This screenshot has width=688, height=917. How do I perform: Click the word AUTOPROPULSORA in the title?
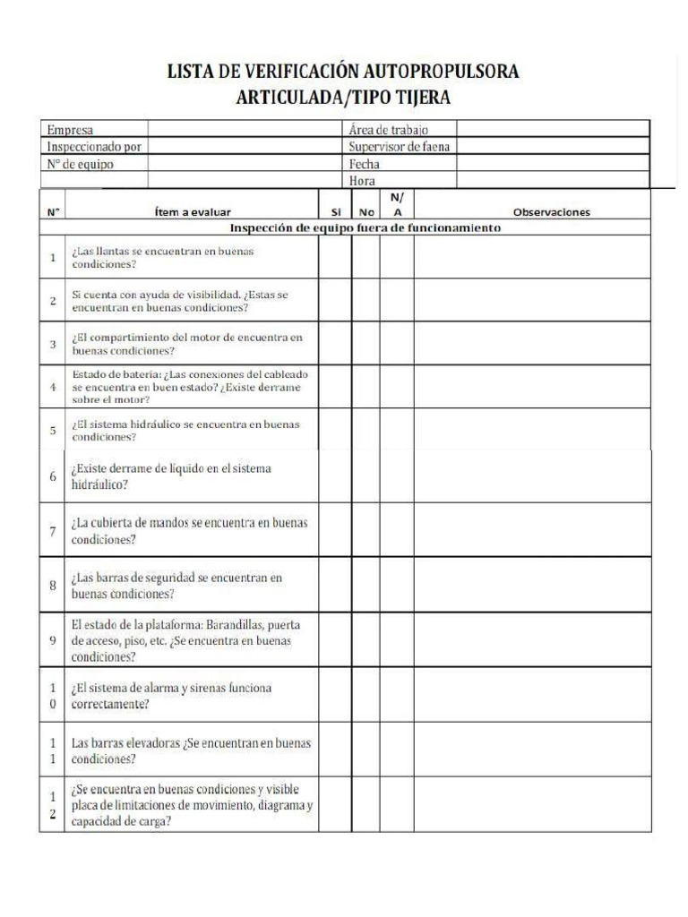[442, 72]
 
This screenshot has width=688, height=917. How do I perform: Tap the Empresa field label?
[70, 130]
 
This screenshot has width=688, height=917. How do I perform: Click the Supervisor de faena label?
[399, 147]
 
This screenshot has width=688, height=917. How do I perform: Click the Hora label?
[362, 181]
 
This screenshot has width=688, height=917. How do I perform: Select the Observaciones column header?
[550, 212]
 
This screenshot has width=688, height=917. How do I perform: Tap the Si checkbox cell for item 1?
[335, 257]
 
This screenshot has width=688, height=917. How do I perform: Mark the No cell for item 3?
[365, 343]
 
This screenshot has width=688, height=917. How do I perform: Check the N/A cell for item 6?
[396, 476]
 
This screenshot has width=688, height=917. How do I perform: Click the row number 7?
[53, 530]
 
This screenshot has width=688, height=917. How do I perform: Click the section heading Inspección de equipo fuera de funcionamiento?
[365, 227]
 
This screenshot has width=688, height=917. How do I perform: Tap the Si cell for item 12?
[335, 805]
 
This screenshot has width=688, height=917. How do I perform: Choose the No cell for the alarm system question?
[365, 695]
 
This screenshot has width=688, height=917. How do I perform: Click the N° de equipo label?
[81, 164]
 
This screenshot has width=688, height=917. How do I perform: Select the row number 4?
[53, 387]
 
